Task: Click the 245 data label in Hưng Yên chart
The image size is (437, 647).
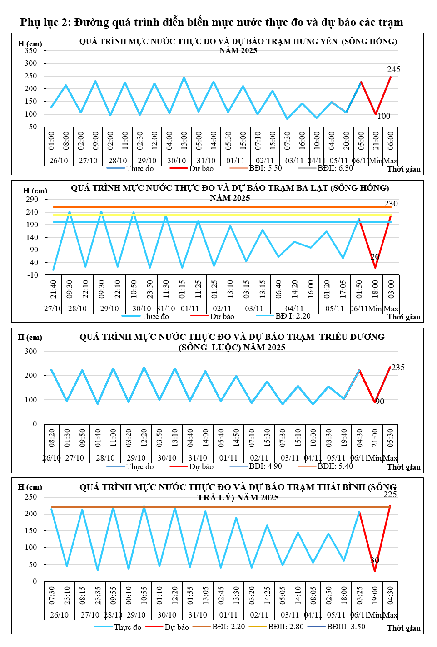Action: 393,69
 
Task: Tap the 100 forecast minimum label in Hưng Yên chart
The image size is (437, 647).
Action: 384,116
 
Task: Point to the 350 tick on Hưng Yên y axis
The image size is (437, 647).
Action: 31,51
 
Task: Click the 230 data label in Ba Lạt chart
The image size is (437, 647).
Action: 391,204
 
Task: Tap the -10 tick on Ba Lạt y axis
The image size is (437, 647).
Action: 33,275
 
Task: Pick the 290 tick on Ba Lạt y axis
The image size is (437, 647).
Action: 32,200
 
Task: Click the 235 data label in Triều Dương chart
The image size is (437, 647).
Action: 397,368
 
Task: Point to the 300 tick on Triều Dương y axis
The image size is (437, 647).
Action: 31,351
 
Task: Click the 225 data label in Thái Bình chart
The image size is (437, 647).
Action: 390,495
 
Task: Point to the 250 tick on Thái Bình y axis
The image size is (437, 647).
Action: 31,497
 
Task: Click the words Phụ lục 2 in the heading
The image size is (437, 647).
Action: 45,22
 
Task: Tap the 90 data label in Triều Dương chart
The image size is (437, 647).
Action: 380,402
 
